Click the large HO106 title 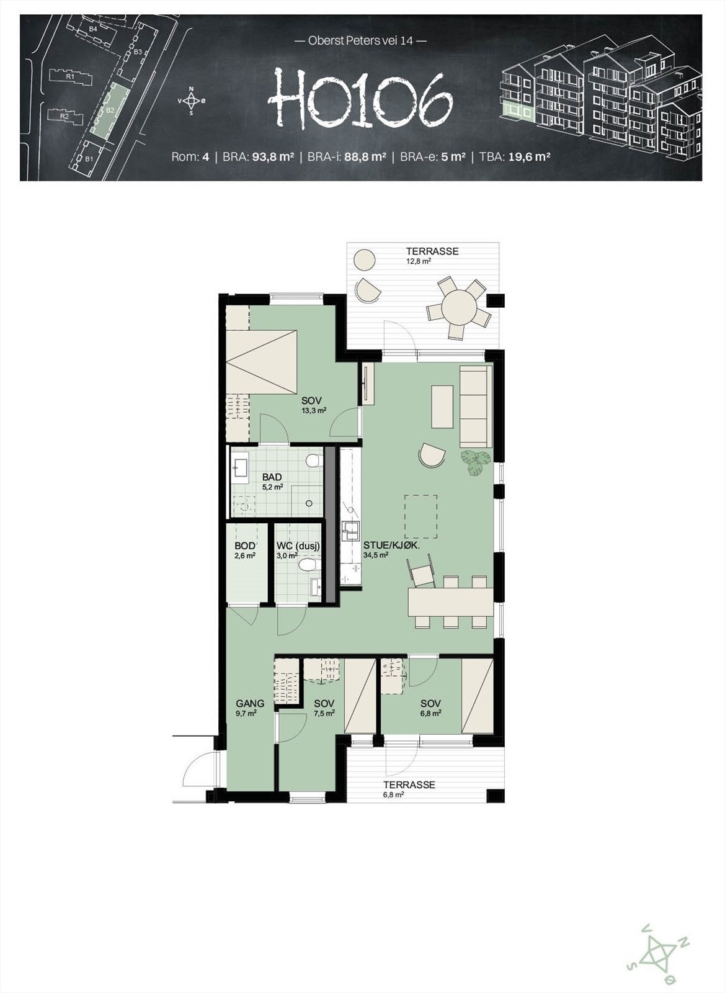coord(360,99)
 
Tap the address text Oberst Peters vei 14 coord(360,42)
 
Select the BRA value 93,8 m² coord(273,157)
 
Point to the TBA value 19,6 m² coord(530,157)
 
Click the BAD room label coord(272,477)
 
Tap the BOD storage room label coord(244,546)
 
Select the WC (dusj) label coord(298,546)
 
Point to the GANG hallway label coord(250,704)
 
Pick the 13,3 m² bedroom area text coord(314,410)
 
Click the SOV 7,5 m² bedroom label coord(324,704)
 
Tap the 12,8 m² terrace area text coord(419,261)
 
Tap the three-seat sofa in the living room coord(476,406)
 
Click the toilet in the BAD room coord(314,461)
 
